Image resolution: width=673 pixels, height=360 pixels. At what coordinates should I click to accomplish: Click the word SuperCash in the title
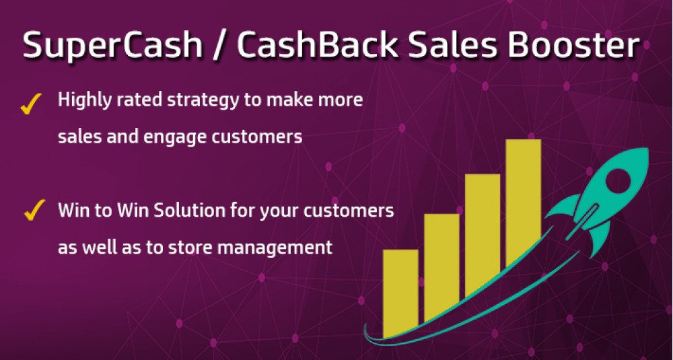(x=112, y=46)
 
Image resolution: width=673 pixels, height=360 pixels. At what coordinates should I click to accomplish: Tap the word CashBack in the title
(x=317, y=44)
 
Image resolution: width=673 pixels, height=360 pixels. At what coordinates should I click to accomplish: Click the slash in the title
(x=219, y=46)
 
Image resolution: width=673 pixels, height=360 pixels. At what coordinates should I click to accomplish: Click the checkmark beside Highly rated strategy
(x=31, y=104)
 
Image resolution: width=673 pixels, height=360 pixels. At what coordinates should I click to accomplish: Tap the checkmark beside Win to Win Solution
(x=34, y=209)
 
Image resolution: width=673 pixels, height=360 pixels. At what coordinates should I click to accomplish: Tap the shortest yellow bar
(x=400, y=293)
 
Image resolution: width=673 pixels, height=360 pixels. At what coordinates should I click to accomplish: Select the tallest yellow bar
(x=523, y=203)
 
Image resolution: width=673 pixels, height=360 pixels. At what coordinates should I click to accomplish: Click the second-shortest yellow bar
(x=441, y=267)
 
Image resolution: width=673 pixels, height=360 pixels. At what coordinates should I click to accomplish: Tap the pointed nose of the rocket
(x=647, y=149)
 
